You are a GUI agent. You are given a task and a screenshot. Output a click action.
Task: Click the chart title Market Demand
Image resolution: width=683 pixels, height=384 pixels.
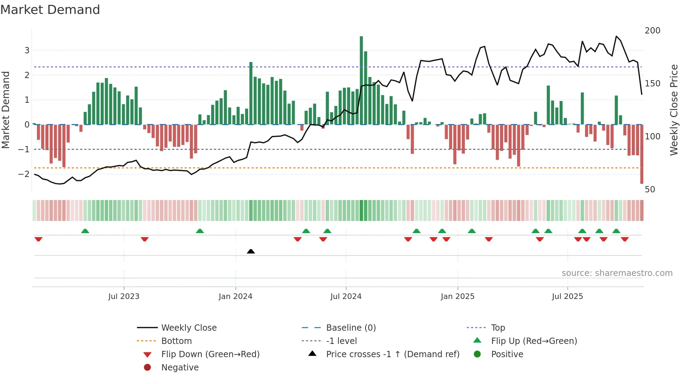pyautogui.click(x=50, y=10)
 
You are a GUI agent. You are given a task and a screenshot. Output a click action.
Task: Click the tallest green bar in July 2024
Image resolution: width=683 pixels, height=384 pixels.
pyautogui.click(x=361, y=80)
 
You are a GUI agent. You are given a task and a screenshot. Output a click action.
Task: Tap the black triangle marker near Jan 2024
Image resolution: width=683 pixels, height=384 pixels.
pyautogui.click(x=251, y=251)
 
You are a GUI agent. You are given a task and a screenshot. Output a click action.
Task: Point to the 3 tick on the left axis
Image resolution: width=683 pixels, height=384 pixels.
pyautogui.click(x=27, y=51)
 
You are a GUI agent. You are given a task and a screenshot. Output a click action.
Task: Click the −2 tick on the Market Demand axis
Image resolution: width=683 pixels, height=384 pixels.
pyautogui.click(x=24, y=174)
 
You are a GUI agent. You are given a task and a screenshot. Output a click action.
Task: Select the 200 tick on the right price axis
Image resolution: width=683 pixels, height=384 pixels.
pyautogui.click(x=652, y=31)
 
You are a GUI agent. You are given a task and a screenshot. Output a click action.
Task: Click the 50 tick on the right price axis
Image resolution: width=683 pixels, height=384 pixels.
pyautogui.click(x=650, y=190)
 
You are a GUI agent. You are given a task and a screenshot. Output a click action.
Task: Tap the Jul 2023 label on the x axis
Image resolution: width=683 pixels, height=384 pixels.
pyautogui.click(x=124, y=297)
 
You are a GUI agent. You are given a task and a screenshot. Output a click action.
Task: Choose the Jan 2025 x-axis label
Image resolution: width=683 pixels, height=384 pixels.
pyautogui.click(x=457, y=297)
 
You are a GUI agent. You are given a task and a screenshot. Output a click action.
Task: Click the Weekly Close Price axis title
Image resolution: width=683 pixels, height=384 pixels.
pyautogui.click(x=674, y=110)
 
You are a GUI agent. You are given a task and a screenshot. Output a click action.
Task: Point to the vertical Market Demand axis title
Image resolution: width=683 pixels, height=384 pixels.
pyautogui.click(x=6, y=110)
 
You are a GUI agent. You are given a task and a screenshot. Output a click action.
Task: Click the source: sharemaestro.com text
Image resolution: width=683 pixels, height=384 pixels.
pyautogui.click(x=617, y=273)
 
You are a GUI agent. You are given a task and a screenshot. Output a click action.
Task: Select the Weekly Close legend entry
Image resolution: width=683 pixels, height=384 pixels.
pyautogui.click(x=189, y=328)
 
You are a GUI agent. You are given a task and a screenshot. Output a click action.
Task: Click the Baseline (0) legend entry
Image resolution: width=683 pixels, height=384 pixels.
pyautogui.click(x=351, y=328)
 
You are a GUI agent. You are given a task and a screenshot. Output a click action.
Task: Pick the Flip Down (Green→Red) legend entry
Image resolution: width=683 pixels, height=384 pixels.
pyautogui.click(x=210, y=354)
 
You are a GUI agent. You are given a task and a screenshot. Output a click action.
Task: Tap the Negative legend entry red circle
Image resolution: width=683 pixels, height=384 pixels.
pyautogui.click(x=147, y=368)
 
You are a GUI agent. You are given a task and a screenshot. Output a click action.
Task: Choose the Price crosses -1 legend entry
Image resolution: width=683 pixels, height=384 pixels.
pyautogui.click(x=392, y=354)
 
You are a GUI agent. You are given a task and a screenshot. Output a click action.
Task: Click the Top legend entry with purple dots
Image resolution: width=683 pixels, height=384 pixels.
pyautogui.click(x=498, y=328)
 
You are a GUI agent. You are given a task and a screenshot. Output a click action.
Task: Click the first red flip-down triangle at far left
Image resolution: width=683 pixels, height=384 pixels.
pyautogui.click(x=38, y=239)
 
